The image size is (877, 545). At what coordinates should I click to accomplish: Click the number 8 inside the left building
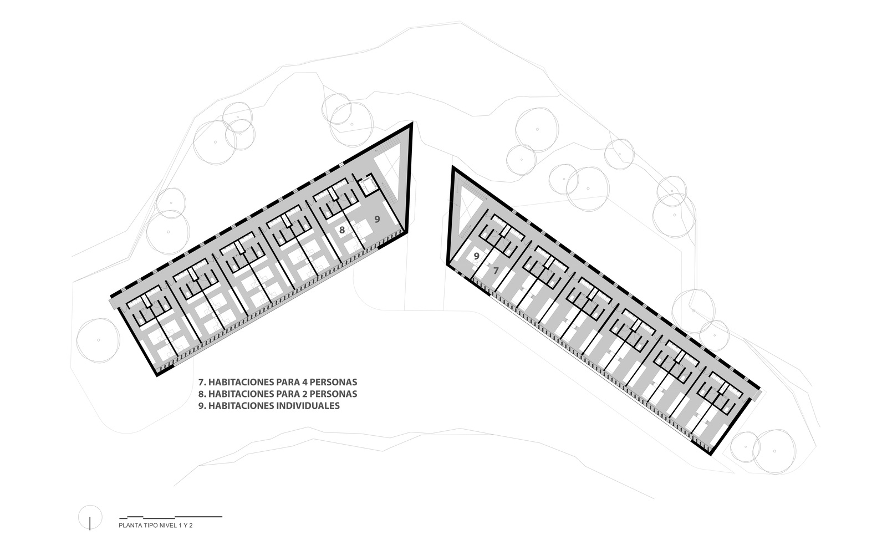tap(342, 230)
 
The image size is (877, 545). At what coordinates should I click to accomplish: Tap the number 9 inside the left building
tap(377, 219)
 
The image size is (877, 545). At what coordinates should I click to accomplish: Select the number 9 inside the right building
tap(477, 256)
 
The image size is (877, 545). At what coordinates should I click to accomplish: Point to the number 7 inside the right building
tap(496, 271)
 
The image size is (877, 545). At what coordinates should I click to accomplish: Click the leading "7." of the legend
tap(202, 382)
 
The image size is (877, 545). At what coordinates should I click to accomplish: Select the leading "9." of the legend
tap(202, 406)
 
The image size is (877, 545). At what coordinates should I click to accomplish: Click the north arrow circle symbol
tap(90, 517)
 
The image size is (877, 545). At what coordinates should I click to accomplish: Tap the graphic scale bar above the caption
tap(171, 517)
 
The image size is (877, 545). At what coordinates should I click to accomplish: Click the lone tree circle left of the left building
tap(98, 340)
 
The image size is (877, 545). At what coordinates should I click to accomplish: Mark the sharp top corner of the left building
tap(411, 123)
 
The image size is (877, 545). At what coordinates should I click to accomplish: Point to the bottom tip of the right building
tap(711, 454)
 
